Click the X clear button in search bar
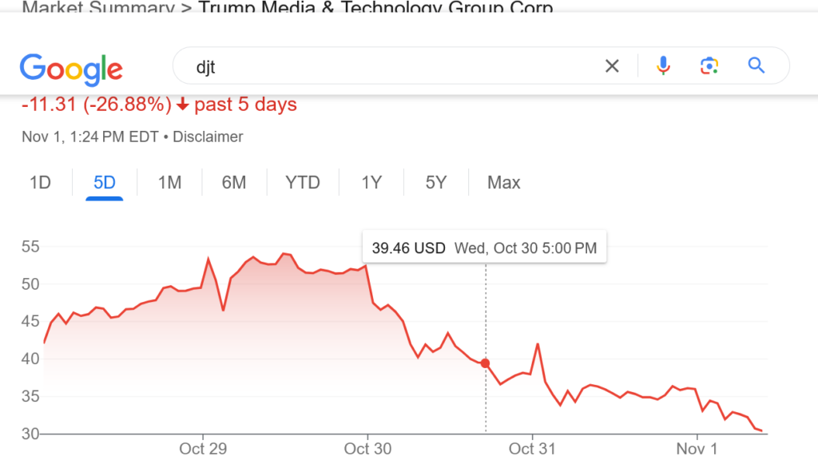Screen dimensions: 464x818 point(612,66)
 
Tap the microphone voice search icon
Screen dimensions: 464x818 point(663,66)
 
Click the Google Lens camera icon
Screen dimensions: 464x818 point(709,66)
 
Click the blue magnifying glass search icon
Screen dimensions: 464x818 point(756,65)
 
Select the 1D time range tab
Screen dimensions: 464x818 point(40,183)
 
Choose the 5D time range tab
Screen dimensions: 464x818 point(105,183)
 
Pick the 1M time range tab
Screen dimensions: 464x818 point(169,183)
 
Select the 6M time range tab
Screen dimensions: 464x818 point(234,183)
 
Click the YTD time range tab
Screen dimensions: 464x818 point(303,183)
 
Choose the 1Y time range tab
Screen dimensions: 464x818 point(371,183)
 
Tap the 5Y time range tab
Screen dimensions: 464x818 point(435,183)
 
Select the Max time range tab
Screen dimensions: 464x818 point(504,183)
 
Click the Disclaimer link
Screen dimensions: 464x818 point(208,137)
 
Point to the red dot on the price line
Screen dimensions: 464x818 point(486,363)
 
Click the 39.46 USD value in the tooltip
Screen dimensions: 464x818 point(408,248)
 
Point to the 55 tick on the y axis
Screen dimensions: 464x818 point(30,247)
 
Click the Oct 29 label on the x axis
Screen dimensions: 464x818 point(203,449)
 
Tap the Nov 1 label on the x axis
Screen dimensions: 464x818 point(697,449)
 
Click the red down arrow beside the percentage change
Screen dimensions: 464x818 point(183,105)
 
